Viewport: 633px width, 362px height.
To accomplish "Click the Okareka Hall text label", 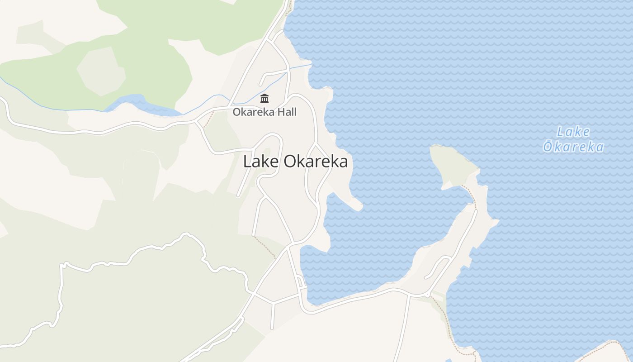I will click(x=265, y=112).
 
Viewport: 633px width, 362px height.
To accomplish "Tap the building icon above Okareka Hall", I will click(x=265, y=98).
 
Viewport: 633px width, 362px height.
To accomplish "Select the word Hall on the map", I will click(x=287, y=112).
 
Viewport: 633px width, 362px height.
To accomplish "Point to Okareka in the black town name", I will click(x=316, y=162).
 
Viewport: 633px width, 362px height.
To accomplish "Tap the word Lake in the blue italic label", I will click(x=573, y=132).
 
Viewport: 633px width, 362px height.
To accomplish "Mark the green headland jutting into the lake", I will click(x=452, y=165).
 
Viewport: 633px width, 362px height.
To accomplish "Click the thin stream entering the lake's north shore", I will click(x=301, y=67).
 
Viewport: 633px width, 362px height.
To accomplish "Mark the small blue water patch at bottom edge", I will click(x=448, y=360).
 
